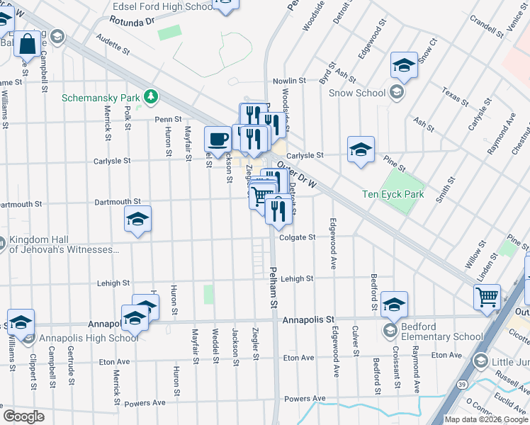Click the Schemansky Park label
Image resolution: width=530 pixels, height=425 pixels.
[x=101, y=97]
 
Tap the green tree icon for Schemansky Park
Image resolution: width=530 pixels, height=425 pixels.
[x=150, y=96]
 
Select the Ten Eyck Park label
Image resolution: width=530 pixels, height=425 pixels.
[x=393, y=194]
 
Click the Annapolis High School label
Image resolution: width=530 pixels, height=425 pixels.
[x=89, y=338]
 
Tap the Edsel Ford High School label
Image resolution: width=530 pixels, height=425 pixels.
[x=163, y=6]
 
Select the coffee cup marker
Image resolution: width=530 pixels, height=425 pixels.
[x=218, y=139]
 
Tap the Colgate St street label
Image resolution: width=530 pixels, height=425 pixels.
[x=297, y=237]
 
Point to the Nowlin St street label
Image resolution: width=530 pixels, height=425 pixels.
[x=289, y=81]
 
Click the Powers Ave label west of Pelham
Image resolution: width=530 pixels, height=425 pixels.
[x=145, y=403]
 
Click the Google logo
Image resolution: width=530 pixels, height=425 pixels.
[x=23, y=416]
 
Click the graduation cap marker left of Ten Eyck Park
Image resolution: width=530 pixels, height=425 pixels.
[x=361, y=150]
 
